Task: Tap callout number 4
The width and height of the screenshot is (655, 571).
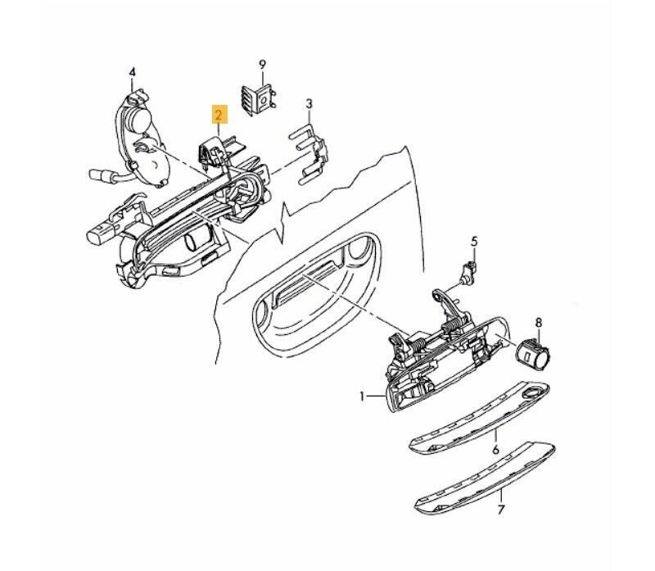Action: [x=132, y=72]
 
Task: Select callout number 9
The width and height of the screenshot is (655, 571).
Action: [x=262, y=65]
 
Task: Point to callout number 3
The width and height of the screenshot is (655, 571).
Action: [x=309, y=104]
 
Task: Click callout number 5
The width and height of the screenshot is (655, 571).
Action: [x=474, y=242]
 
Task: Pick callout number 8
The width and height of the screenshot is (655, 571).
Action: [x=539, y=322]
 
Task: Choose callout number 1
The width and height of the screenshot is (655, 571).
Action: [x=363, y=396]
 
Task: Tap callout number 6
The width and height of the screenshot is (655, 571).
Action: [x=495, y=450]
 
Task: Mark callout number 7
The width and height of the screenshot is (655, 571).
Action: [x=501, y=510]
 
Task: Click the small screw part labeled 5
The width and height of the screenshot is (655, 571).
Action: [x=468, y=273]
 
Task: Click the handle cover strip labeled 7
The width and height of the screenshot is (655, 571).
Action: [x=485, y=477]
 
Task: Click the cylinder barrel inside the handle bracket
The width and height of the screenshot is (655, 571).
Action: [x=195, y=242]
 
